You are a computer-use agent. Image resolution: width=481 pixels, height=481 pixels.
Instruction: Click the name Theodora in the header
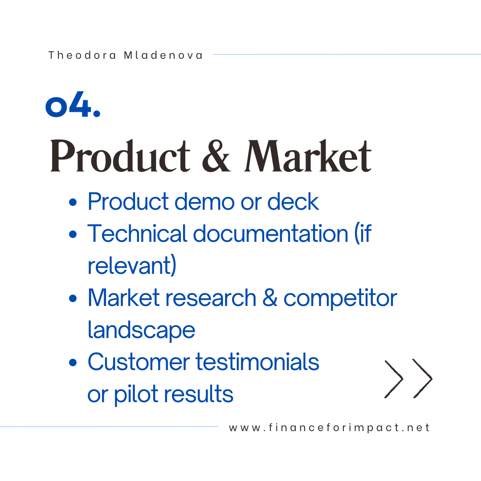point(82,55)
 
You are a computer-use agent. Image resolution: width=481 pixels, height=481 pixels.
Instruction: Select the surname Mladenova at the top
point(163,55)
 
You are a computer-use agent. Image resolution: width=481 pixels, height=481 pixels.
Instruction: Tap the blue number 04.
point(73,104)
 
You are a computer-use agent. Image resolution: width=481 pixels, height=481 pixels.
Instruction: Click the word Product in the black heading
point(120,156)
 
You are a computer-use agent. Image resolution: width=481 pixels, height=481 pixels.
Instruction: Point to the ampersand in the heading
point(216,156)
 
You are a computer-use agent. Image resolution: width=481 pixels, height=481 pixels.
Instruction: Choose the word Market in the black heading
point(308,156)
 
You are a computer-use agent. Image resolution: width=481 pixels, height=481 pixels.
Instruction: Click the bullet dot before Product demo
point(73,202)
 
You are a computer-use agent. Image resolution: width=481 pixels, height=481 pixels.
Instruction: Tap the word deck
point(293,202)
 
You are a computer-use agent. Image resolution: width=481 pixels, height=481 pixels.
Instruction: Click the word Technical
point(137,233)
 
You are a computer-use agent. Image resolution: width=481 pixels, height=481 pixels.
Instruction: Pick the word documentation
point(271,233)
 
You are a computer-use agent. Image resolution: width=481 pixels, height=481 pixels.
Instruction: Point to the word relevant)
point(132,265)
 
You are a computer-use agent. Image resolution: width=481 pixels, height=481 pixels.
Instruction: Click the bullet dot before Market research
point(73,298)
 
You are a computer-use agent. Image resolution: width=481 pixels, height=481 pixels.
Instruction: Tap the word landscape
point(141,330)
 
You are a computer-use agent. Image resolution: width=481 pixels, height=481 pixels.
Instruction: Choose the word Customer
point(139,362)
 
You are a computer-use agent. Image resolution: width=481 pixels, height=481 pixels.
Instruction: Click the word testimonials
point(257,362)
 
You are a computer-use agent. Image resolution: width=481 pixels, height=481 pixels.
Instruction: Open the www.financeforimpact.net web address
point(329,428)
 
